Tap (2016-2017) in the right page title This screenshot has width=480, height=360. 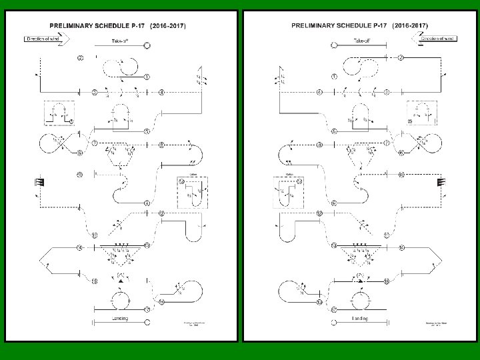410,27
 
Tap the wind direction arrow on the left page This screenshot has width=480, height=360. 41,40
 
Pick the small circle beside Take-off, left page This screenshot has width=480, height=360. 147,45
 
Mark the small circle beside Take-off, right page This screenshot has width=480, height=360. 335,45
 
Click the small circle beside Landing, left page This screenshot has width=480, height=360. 147,323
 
